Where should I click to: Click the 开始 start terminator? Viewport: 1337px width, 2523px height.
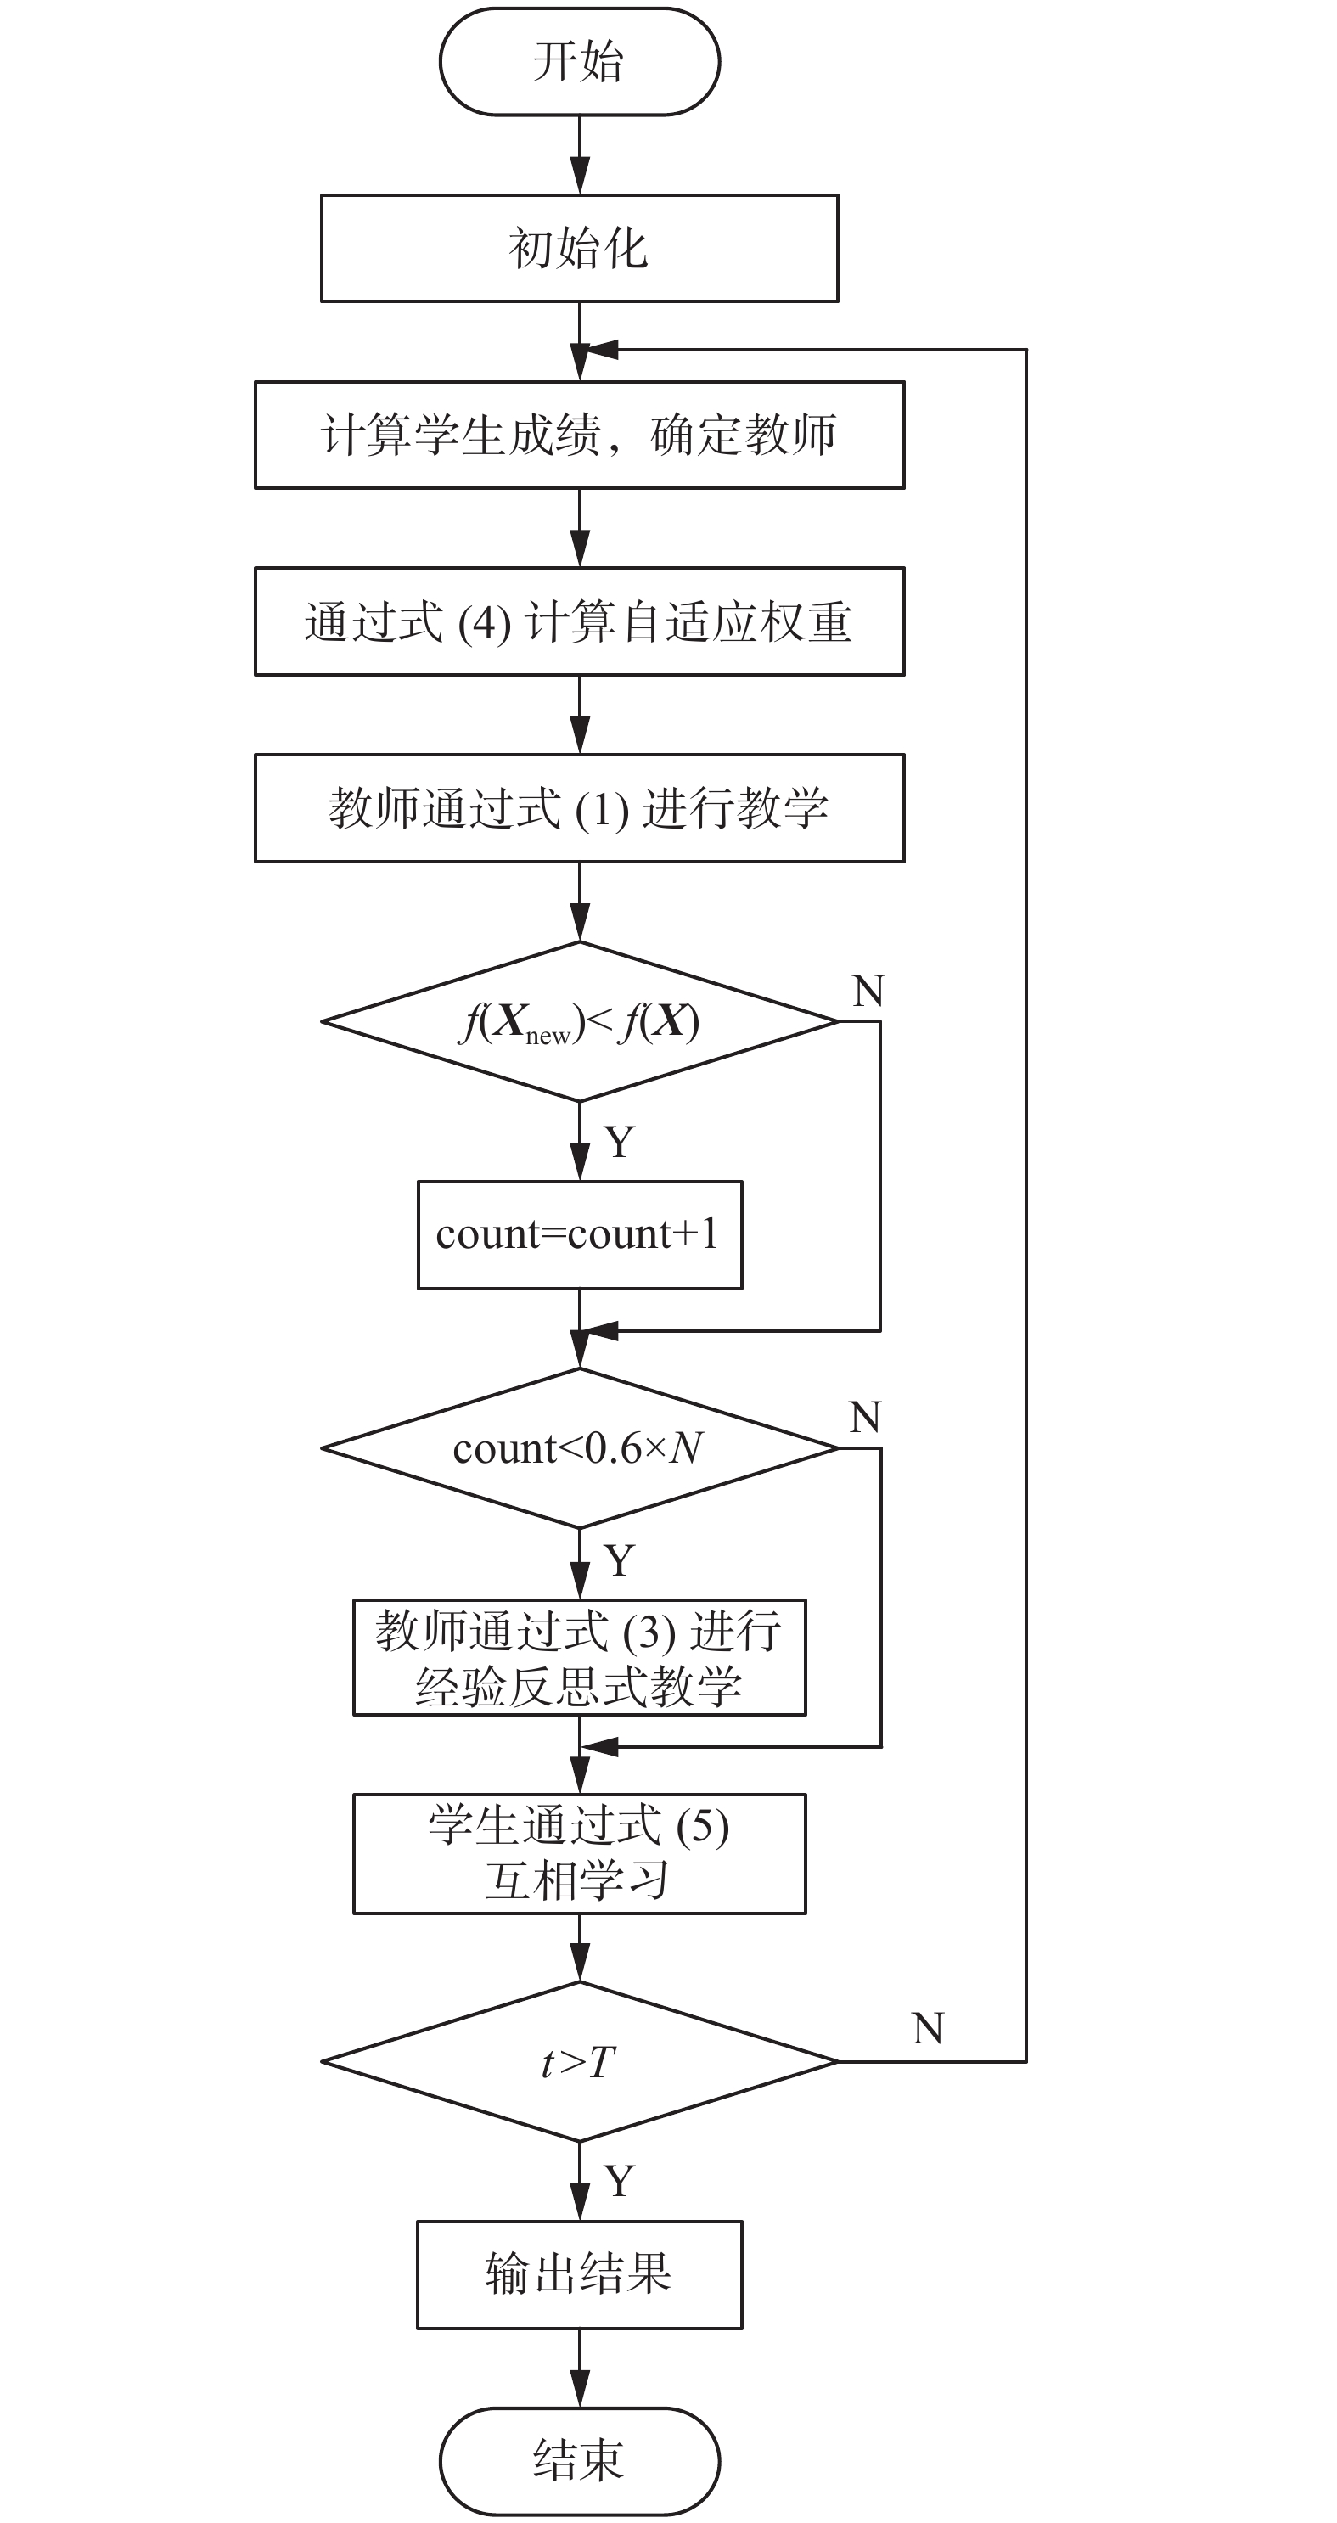(579, 62)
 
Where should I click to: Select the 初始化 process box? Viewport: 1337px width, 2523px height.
(579, 248)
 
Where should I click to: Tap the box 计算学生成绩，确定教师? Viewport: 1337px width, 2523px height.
(579, 435)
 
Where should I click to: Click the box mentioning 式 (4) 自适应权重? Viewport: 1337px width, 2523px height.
(579, 621)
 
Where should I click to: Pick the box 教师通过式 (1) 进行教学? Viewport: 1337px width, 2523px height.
(579, 808)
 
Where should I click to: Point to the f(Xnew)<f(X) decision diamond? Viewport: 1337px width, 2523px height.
(579, 1021)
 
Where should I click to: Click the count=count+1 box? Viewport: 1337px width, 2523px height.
(579, 1234)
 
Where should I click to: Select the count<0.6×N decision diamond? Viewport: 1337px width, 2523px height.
(579, 1447)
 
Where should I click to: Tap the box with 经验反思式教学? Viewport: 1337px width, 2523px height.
(579, 1658)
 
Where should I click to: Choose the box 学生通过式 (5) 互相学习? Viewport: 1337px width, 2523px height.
(579, 1853)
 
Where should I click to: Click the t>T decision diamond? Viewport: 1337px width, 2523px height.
(579, 2062)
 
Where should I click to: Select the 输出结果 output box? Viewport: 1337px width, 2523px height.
(579, 2274)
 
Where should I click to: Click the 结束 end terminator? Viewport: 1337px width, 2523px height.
(579, 2460)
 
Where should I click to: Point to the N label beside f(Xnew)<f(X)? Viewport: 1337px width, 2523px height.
(868, 992)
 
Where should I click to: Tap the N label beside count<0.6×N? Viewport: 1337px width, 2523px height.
(865, 1417)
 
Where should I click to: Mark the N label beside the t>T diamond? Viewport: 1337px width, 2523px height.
(927, 2028)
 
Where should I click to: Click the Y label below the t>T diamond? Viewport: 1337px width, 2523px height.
(619, 2181)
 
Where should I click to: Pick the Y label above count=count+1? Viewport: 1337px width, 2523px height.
(619, 1142)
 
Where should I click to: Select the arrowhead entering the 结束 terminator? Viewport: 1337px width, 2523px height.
(580, 2394)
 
